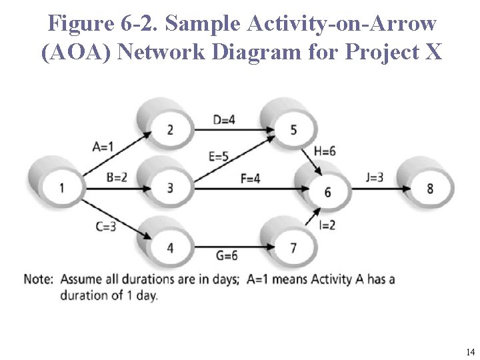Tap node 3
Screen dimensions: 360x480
[170, 188]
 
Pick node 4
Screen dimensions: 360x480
[170, 248]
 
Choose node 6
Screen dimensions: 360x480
[327, 192]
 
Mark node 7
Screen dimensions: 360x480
[293, 248]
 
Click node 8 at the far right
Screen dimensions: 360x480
[430, 188]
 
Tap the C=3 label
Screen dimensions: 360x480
[106, 227]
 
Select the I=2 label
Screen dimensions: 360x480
[327, 225]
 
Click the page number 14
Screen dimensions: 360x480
[470, 351]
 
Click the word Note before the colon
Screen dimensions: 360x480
[37, 279]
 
